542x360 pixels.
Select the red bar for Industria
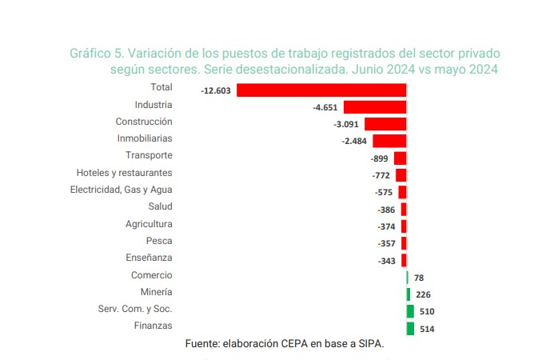pos(375,107)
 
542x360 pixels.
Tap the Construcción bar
pos(385,124)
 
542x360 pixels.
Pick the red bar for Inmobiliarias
pos(389,141)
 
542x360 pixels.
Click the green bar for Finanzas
pos(410,328)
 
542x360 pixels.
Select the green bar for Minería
pos(408,294)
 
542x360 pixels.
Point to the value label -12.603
pos(216,90)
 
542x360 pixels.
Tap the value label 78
pos(419,278)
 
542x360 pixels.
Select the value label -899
pos(381,158)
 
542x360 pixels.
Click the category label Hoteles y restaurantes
pos(124,173)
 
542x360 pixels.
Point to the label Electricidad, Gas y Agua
pos(121,190)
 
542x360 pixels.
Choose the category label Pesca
pos(158,241)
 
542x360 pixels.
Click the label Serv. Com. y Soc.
pos(135,309)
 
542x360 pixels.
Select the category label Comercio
pos(152,275)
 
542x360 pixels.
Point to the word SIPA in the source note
pos(370,344)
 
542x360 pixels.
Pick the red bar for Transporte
pos(401,158)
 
